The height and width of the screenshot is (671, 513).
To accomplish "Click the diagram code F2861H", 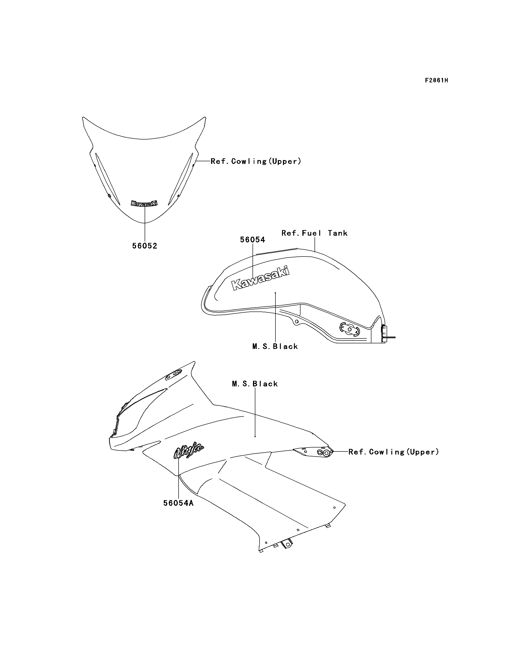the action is [437, 81].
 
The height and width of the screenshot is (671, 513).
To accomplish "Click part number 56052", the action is [145, 246].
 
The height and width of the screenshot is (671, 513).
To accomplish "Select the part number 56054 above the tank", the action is [253, 240].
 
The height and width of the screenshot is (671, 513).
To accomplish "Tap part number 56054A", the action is [178, 503].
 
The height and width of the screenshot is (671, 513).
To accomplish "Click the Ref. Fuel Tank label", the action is [315, 233].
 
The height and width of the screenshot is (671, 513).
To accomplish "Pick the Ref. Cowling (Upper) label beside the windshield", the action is [256, 161].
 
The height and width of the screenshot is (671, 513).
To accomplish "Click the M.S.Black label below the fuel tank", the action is [275, 346].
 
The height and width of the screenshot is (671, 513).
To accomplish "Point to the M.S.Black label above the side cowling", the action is [255, 384].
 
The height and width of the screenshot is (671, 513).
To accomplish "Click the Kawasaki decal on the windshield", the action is [144, 203].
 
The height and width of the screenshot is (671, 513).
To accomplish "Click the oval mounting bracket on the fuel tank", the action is [349, 329].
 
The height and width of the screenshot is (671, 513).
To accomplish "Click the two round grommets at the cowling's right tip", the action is [324, 452].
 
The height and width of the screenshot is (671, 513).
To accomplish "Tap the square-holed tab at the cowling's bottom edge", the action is [287, 544].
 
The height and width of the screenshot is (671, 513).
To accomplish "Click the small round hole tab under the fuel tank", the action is [296, 322].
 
